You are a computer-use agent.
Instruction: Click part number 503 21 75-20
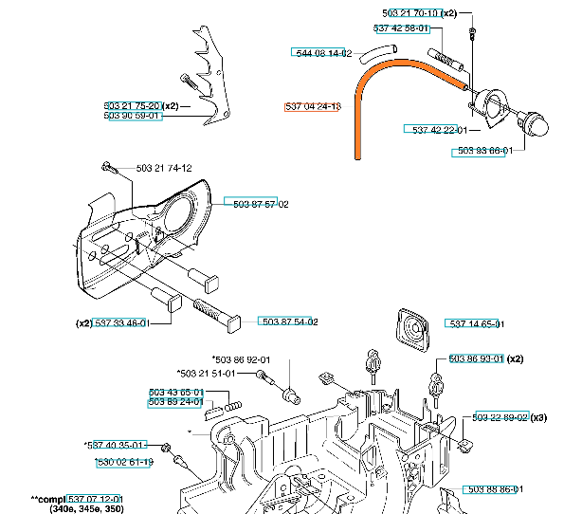(x=132, y=105)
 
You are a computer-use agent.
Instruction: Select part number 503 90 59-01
(x=132, y=116)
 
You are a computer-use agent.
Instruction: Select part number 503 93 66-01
(x=484, y=150)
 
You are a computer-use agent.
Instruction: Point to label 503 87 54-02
(x=287, y=322)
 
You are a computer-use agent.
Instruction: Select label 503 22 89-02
(x=502, y=417)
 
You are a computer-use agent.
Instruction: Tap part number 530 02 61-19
(x=124, y=462)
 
